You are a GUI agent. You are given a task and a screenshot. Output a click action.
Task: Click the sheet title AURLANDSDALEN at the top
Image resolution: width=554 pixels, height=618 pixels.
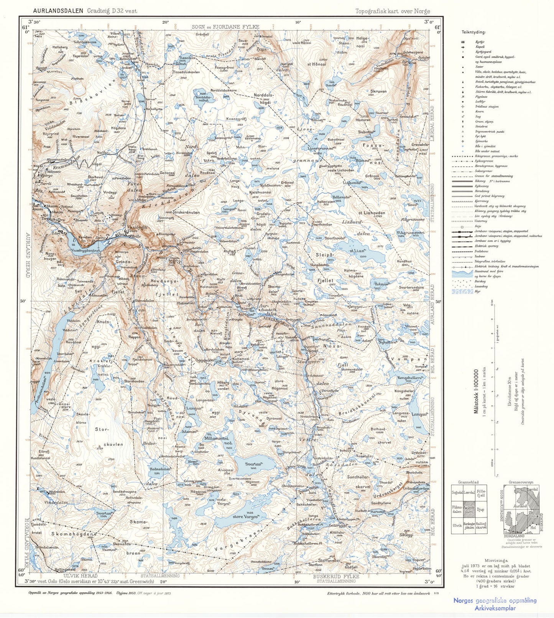pos(58,11)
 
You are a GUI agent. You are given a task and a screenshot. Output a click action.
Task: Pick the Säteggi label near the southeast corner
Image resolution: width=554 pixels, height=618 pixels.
pos(406,534)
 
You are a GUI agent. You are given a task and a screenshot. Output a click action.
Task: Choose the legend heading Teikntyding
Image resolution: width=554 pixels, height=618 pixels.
pos(473,32)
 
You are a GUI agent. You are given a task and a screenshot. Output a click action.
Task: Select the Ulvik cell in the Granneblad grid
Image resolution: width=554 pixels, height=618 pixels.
pos(457,526)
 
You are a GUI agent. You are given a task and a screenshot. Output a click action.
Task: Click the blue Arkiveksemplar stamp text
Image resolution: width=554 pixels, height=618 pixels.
pos(495,608)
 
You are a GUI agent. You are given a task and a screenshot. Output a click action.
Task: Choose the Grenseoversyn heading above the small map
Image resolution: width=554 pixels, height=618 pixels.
pos(521,482)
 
